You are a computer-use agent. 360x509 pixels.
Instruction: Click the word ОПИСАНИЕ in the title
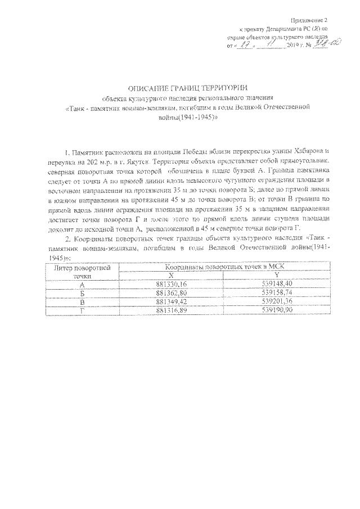pyautogui.click(x=147, y=88)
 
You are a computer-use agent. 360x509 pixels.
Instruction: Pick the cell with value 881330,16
pyautogui.click(x=172, y=285)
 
